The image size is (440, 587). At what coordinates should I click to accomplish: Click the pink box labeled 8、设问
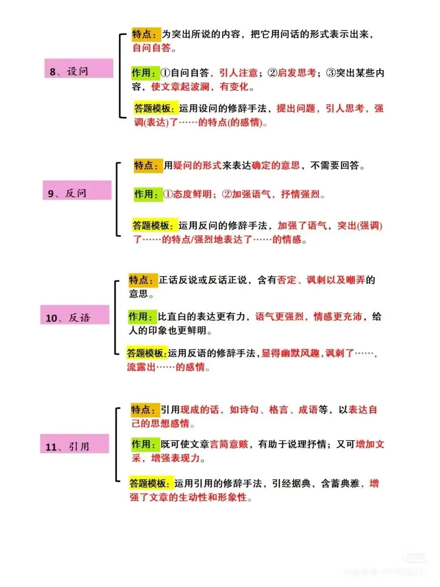pyautogui.click(x=79, y=68)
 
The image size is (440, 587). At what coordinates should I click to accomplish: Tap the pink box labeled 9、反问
pyautogui.click(x=77, y=190)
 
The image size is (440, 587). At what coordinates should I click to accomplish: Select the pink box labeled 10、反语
pyautogui.click(x=75, y=315)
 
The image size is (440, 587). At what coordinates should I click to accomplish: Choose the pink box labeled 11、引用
pyautogui.click(x=75, y=444)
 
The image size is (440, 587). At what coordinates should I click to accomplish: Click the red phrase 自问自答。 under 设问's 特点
pyautogui.click(x=154, y=48)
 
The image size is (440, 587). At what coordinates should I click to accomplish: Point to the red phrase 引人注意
pyautogui.click(x=238, y=73)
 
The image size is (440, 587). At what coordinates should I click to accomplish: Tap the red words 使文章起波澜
pyautogui.click(x=180, y=87)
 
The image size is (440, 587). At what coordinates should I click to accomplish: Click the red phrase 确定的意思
pyautogui.click(x=276, y=166)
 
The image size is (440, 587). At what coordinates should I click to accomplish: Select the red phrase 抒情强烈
pyautogui.click(x=301, y=194)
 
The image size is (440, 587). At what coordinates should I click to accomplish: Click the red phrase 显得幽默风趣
pyautogui.click(x=291, y=353)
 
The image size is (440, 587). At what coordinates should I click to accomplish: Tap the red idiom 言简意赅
pyautogui.click(x=229, y=444)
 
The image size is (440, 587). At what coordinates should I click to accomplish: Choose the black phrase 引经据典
pyautogui.click(x=292, y=483)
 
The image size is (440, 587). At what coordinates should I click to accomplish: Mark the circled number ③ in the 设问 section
pyautogui.click(x=330, y=73)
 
